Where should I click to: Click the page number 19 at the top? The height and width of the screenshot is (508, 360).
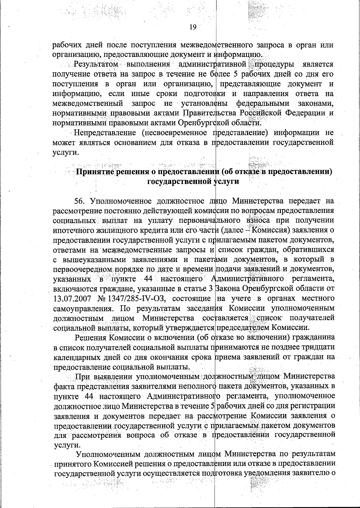[192, 28]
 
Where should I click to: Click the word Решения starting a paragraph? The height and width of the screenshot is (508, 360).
[90, 338]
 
